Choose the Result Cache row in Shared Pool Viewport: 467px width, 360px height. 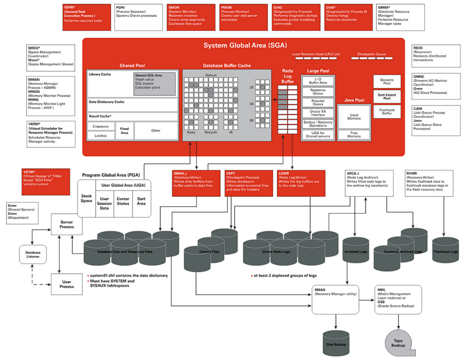(x=132, y=116)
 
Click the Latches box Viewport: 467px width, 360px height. (x=100, y=136)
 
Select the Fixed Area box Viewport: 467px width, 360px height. (x=124, y=131)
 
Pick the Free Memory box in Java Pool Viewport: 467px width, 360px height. (x=354, y=134)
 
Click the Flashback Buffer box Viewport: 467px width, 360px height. (x=386, y=112)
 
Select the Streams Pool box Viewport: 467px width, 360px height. (x=386, y=81)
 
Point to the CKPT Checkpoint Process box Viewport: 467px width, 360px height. (x=248, y=183)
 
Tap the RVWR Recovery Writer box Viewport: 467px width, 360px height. (x=430, y=183)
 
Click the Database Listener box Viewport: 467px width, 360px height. (x=33, y=254)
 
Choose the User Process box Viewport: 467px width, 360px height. (x=67, y=284)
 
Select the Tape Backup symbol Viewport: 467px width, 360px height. (x=398, y=343)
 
